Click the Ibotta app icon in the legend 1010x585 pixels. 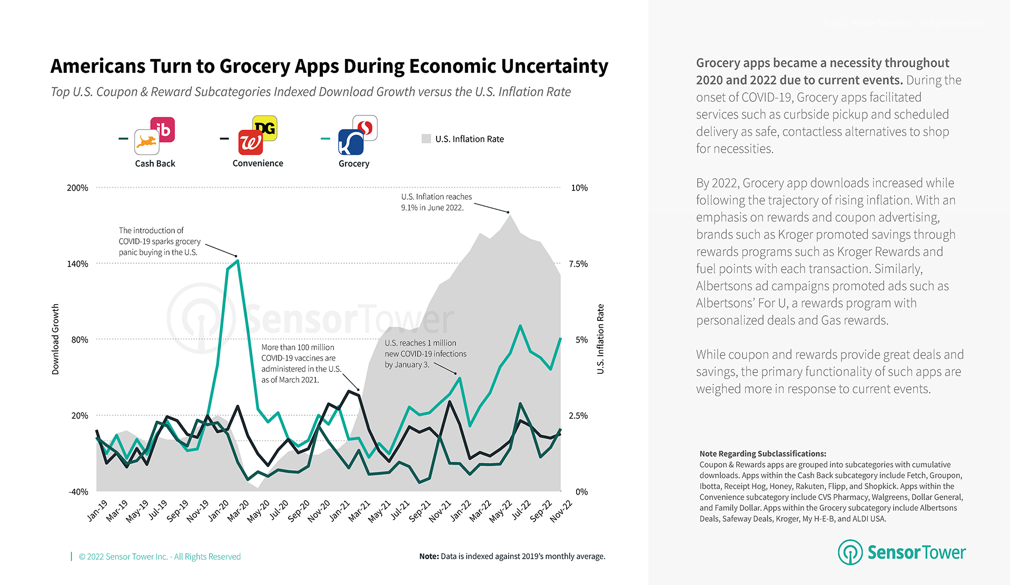[163, 130]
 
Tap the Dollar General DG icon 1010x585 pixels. [265, 128]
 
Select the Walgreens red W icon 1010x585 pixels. [250, 142]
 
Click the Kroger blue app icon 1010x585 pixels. [351, 142]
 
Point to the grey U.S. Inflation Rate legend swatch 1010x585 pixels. [426, 139]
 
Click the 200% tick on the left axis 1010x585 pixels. [77, 188]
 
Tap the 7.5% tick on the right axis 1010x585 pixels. [578, 264]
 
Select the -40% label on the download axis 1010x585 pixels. [78, 492]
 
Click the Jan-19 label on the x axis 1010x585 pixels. [97, 510]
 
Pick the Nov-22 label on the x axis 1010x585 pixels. [561, 511]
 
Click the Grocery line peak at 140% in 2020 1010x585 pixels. [238, 261]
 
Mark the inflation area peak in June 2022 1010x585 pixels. [509, 215]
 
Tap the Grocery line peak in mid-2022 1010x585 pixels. [520, 326]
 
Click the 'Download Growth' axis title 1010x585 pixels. [55, 339]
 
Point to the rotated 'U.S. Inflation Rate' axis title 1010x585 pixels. [600, 339]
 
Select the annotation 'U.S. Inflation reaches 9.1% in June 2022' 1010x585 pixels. [436, 202]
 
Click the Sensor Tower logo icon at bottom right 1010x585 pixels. [850, 552]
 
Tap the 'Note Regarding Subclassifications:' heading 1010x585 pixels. [763, 453]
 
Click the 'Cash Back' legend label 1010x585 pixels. [155, 163]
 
